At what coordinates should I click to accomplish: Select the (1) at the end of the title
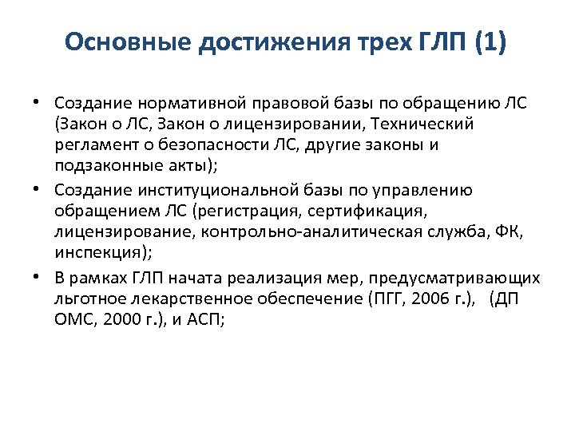[490, 42]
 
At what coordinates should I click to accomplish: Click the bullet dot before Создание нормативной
[38, 104]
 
